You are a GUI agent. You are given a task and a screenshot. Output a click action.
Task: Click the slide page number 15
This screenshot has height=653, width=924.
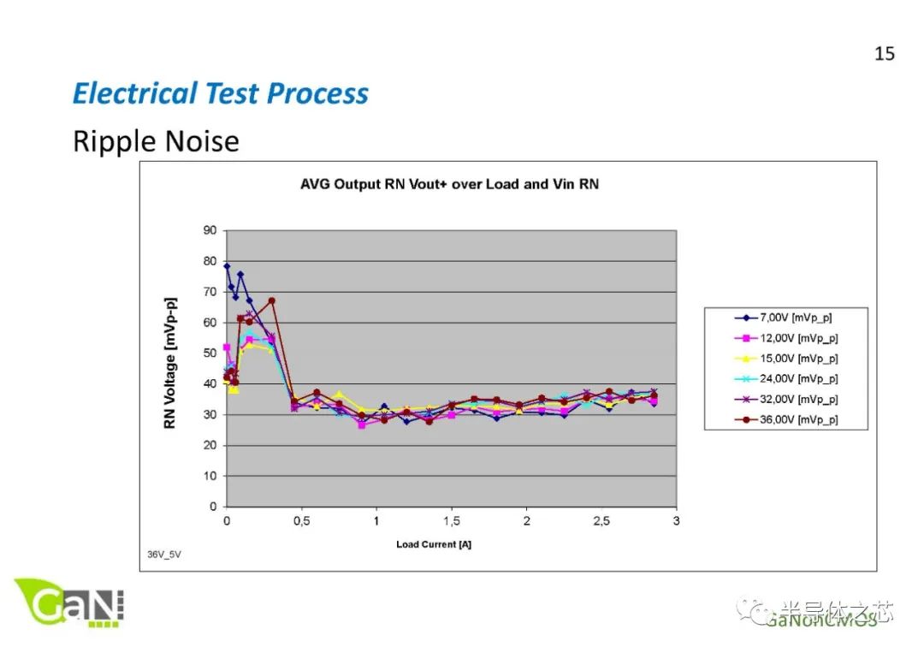(x=884, y=54)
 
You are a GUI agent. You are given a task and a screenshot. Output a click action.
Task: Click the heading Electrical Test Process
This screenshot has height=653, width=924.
(x=220, y=93)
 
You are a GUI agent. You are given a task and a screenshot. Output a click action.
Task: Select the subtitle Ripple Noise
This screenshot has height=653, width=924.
(x=156, y=141)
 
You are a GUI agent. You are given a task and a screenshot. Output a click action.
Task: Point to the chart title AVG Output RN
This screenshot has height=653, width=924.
(x=449, y=184)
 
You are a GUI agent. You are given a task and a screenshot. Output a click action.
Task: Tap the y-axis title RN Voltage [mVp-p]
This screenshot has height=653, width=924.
(x=170, y=363)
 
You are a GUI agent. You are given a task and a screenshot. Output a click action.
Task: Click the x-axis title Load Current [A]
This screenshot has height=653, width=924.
(x=434, y=544)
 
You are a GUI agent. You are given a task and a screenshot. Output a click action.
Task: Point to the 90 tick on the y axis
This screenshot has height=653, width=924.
(x=210, y=231)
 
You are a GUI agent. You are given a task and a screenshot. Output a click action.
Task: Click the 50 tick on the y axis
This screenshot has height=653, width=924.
(x=210, y=353)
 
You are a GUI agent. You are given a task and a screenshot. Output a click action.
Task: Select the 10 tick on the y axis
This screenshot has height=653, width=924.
(x=210, y=476)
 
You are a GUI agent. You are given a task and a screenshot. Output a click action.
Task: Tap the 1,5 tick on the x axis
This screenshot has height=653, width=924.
(x=451, y=521)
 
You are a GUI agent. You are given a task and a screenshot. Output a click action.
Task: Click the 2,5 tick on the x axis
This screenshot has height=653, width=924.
(x=601, y=521)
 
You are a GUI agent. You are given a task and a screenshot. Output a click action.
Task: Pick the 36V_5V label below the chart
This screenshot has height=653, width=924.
(x=163, y=555)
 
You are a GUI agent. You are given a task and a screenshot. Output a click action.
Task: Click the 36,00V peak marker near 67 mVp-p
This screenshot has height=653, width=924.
(x=271, y=301)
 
